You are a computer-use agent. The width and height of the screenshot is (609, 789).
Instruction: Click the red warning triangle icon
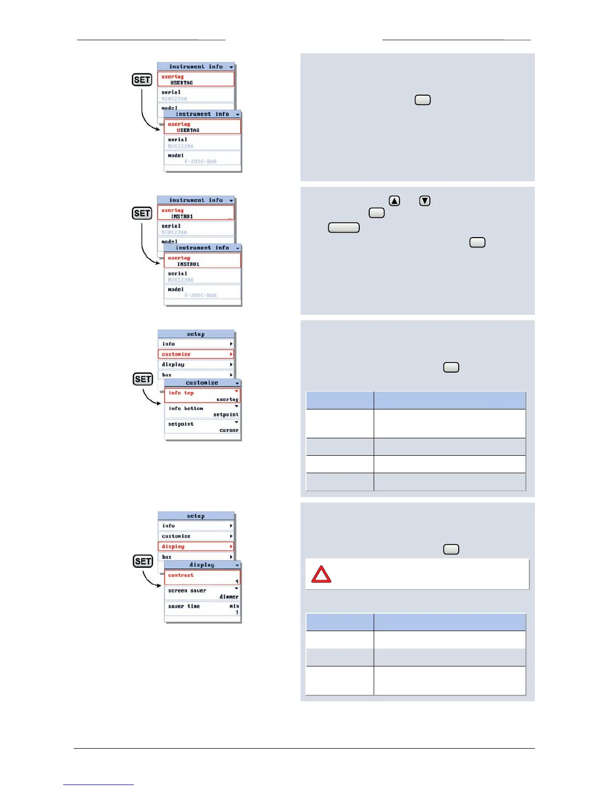pyautogui.click(x=321, y=574)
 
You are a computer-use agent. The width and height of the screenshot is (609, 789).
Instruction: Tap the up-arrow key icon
pyautogui.click(x=394, y=201)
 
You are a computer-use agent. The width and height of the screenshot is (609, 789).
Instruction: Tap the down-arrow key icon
pyautogui.click(x=424, y=201)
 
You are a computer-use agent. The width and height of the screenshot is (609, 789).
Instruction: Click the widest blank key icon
pyautogui.click(x=344, y=228)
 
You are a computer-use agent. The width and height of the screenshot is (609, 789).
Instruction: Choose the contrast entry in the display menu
pyautogui.click(x=181, y=575)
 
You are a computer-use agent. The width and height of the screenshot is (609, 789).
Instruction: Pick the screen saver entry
pyautogui.click(x=187, y=591)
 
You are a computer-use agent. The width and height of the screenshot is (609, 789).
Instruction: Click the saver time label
pyautogui.click(x=184, y=606)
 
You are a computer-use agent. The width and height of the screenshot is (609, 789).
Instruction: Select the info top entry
pyautogui.click(x=181, y=393)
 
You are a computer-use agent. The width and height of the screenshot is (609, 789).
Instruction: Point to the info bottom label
pyautogui.click(x=186, y=408)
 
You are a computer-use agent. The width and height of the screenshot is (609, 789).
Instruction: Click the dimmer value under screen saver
pyautogui.click(x=229, y=597)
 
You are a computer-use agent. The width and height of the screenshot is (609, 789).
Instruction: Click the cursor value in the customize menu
pyautogui.click(x=229, y=430)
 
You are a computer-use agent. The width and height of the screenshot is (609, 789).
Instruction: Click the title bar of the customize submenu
pyautogui.click(x=202, y=383)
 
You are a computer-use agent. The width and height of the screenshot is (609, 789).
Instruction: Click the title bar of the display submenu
pyautogui.click(x=202, y=565)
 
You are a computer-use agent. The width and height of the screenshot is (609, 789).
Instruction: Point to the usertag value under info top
pyautogui.click(x=227, y=399)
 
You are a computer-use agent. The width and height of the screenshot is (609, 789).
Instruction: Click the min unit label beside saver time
pyautogui.click(x=234, y=606)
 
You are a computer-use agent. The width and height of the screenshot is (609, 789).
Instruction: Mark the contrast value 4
pyautogui.click(x=237, y=581)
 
